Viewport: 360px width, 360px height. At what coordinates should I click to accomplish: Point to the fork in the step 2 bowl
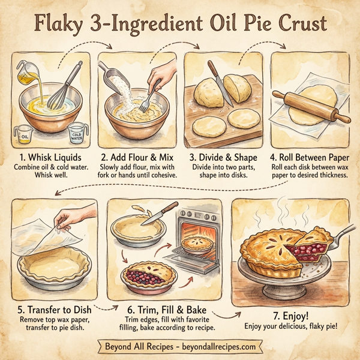(146, 101)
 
